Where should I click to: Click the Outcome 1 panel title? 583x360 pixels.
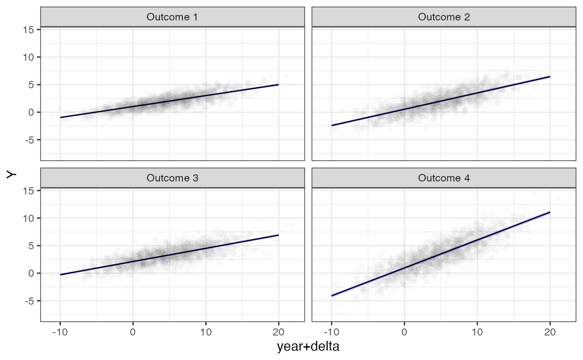pos(172,17)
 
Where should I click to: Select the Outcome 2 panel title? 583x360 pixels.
pos(443,17)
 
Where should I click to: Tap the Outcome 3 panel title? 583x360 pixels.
pos(172,178)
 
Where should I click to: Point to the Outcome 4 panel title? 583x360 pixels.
pos(443,178)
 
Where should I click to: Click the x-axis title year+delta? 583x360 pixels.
pos(308,347)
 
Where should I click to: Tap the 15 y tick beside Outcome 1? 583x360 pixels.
pos(30,30)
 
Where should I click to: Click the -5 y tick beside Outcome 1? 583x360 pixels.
pos(30,140)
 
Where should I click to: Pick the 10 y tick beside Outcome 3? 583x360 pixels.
pos(30,218)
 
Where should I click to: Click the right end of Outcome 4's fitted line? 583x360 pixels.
pos(550,212)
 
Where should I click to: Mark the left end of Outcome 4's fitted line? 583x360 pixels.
pos(331,296)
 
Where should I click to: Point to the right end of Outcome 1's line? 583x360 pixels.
pos(279,84)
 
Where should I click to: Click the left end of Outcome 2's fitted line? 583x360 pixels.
pos(331,125)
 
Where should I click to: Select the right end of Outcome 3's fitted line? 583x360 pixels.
pos(279,235)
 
